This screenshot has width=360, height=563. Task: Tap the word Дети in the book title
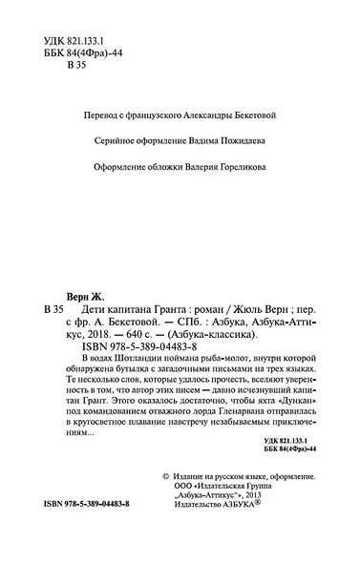pyautogui.click(x=84, y=312)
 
